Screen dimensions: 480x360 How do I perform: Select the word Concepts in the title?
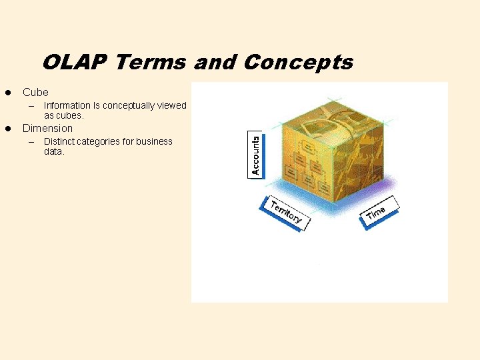click(x=299, y=63)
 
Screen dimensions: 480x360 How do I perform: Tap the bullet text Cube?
click(x=35, y=92)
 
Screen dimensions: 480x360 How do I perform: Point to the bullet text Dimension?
click(x=47, y=128)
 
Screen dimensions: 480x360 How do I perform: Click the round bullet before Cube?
click(x=8, y=92)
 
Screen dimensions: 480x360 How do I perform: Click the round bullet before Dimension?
click(x=8, y=128)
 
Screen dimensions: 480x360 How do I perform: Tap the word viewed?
click(x=173, y=105)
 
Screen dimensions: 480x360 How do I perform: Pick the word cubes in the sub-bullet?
click(x=69, y=115)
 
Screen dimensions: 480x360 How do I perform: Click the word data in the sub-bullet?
click(x=53, y=151)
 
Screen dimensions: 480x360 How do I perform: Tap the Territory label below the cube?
click(x=286, y=211)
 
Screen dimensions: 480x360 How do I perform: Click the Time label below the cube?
click(x=377, y=212)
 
